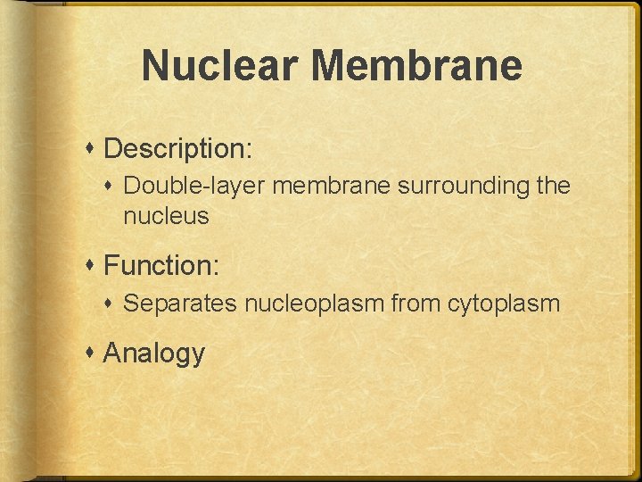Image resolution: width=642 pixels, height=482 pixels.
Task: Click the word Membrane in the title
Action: [x=418, y=65]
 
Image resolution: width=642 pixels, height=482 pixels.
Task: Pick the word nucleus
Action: [x=166, y=215]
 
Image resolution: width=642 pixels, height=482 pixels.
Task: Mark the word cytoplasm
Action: [x=504, y=303]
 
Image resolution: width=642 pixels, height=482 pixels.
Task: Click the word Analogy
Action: [x=154, y=353]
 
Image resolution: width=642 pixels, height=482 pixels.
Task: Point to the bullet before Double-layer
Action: [x=113, y=186]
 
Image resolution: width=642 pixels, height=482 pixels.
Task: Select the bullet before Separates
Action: [x=113, y=303]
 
